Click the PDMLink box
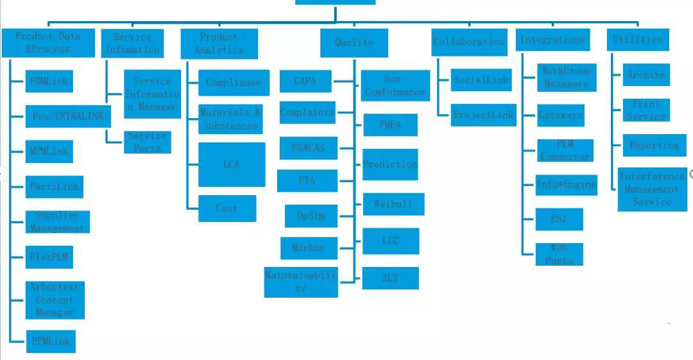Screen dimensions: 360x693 (49, 81)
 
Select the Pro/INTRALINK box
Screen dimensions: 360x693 (67, 116)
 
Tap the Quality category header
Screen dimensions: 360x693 (354, 43)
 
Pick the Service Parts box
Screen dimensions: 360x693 (147, 142)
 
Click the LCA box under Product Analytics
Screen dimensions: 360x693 (232, 164)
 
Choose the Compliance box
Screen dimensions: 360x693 (234, 83)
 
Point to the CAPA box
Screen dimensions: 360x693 (306, 81)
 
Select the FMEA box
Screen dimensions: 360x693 (390, 125)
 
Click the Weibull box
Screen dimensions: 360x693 (393, 204)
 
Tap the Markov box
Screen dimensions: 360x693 (308, 248)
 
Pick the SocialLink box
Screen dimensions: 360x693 (481, 80)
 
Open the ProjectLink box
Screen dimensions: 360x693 (483, 115)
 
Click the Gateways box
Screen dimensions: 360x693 (561, 116)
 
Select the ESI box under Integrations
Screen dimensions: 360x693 (560, 219)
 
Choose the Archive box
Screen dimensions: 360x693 (646, 74)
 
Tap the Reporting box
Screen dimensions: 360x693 (654, 145)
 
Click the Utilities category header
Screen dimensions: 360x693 (637, 40)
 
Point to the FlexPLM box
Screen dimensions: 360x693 (49, 257)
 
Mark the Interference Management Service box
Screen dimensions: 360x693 (652, 189)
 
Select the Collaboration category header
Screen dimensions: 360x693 (469, 42)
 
